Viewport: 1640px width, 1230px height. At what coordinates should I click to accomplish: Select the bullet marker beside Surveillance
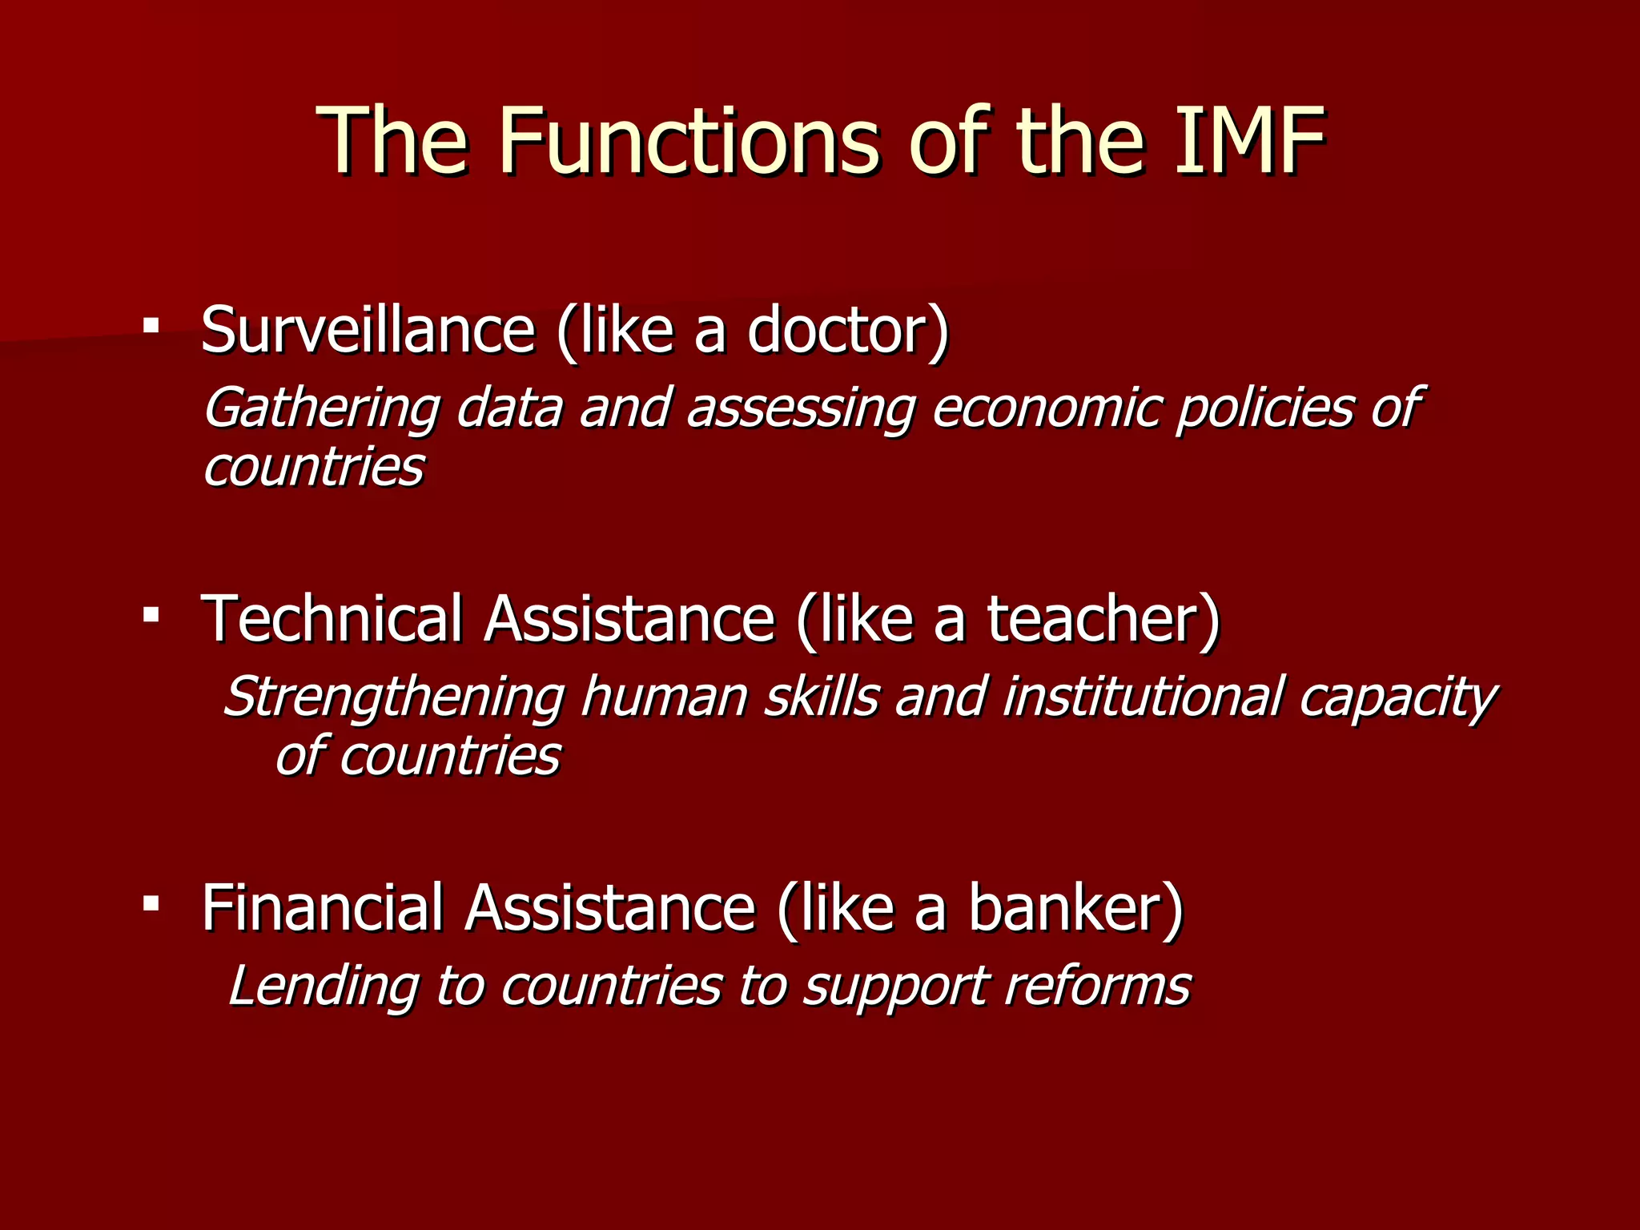click(x=151, y=326)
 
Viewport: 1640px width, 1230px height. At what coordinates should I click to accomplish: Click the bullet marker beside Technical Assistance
click(x=151, y=615)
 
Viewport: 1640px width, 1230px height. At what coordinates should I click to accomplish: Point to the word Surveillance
click(x=368, y=330)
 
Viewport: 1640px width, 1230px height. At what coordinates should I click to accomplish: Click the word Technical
click(x=332, y=618)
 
